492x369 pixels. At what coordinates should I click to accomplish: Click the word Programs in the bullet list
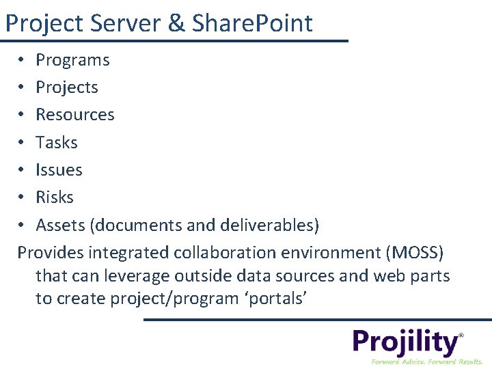[x=72, y=60]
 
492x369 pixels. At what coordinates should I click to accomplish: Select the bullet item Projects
[x=67, y=87]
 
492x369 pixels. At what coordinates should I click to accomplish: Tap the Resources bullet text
[x=75, y=115]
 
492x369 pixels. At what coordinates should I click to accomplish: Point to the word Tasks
[x=57, y=142]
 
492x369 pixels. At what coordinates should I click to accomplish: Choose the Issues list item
[x=59, y=169]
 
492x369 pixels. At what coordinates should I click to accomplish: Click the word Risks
[x=55, y=197]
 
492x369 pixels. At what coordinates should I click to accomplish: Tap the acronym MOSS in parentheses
[x=415, y=253]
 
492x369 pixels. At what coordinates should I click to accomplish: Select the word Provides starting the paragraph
[x=51, y=253]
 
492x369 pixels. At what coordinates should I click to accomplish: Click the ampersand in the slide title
[x=176, y=23]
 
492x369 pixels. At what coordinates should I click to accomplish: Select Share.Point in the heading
[x=252, y=23]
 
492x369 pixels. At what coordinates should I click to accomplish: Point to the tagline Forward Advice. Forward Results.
[x=426, y=361]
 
